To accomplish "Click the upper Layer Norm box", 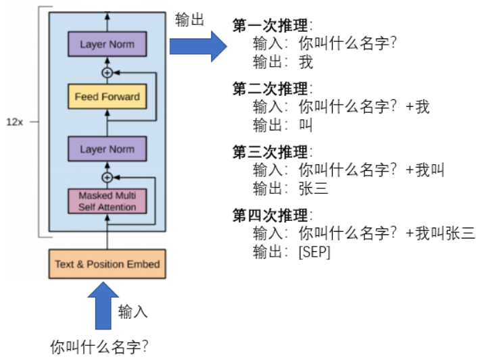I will point(107,45).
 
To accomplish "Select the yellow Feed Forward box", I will point(107,97).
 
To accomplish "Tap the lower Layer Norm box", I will point(107,149).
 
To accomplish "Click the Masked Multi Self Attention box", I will point(107,201).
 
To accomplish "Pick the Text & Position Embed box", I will point(107,264).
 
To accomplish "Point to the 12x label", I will point(16,122).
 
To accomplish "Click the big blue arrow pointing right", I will point(197,46).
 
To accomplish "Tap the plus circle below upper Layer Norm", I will point(106,72).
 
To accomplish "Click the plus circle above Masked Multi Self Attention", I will point(106,178).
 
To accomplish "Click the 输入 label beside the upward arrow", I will point(133,311).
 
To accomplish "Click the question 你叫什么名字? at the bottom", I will point(99,347).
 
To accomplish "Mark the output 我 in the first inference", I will point(306,62).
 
